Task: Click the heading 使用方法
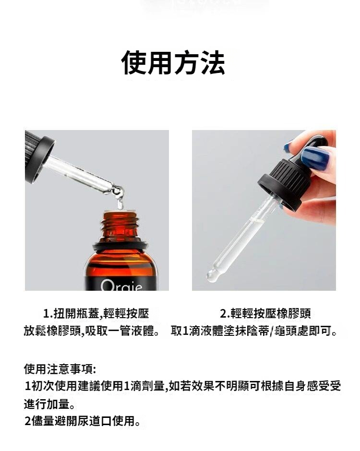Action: coord(173,62)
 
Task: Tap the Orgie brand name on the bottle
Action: coord(121,285)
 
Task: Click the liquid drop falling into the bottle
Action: coord(120,203)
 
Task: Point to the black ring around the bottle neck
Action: coord(120,246)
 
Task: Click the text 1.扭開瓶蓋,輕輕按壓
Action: coord(96,313)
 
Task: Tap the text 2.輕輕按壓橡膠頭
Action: coord(265,313)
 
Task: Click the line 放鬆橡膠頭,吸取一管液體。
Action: coord(92,331)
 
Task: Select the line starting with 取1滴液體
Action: coord(254,331)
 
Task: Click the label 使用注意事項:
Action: coord(60,369)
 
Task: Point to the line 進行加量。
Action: coord(49,404)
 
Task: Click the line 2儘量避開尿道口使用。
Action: coord(82,421)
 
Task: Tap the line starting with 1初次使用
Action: coord(183,386)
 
